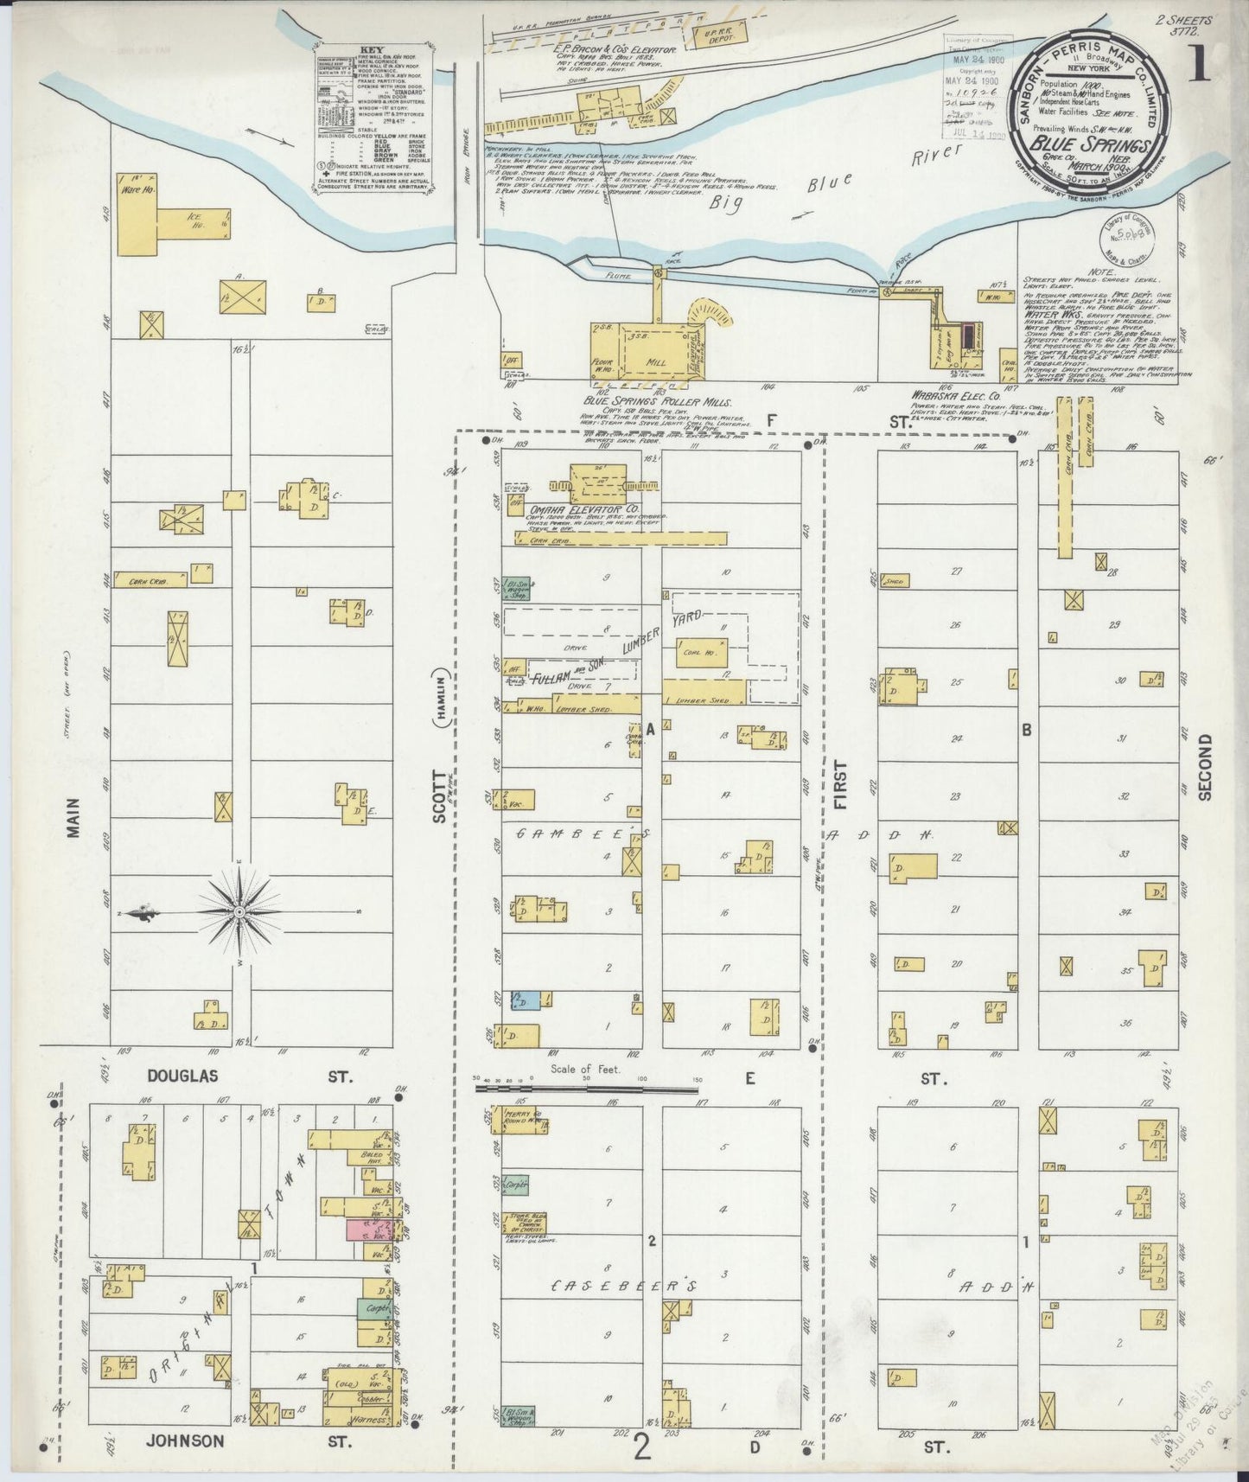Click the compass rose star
pyautogui.click(x=239, y=912)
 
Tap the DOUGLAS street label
pyautogui.click(x=182, y=1076)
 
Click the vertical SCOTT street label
pyautogui.click(x=439, y=795)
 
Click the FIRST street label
pyautogui.click(x=840, y=784)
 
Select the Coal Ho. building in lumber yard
pyautogui.click(x=702, y=653)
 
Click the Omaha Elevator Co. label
pyautogui.click(x=584, y=510)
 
